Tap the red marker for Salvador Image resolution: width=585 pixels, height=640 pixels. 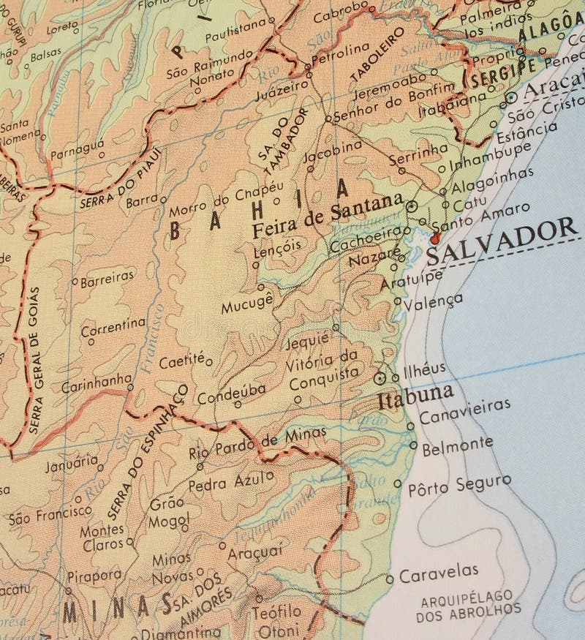(x=435, y=237)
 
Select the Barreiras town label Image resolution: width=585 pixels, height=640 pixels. (x=107, y=277)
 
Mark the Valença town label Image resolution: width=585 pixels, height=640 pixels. (x=437, y=301)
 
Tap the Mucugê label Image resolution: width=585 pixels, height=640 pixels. (x=252, y=298)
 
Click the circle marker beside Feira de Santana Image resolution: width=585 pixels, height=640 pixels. (x=411, y=207)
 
